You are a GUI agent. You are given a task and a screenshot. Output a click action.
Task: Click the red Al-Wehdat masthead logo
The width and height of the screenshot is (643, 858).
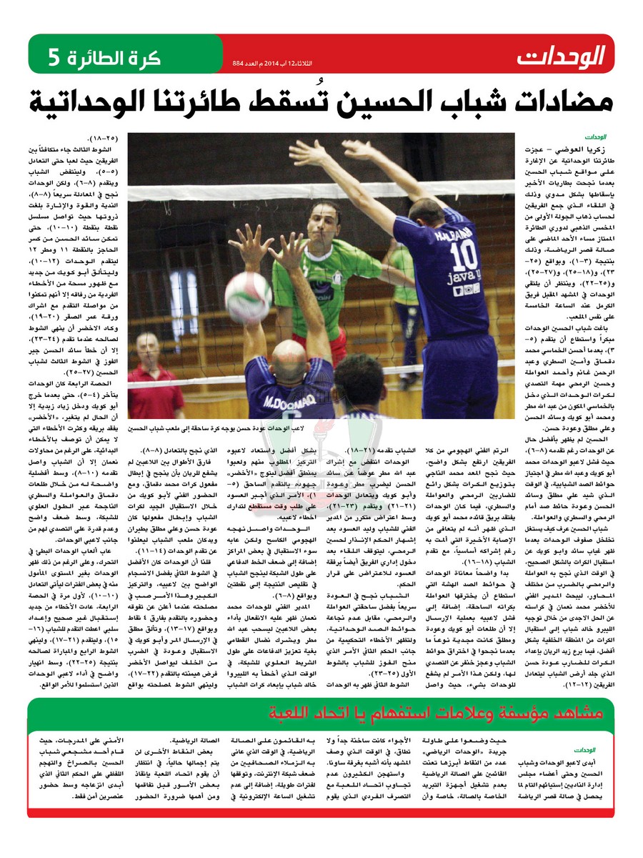561,55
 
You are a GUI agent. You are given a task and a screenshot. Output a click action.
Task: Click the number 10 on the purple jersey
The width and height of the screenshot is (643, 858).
464,253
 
